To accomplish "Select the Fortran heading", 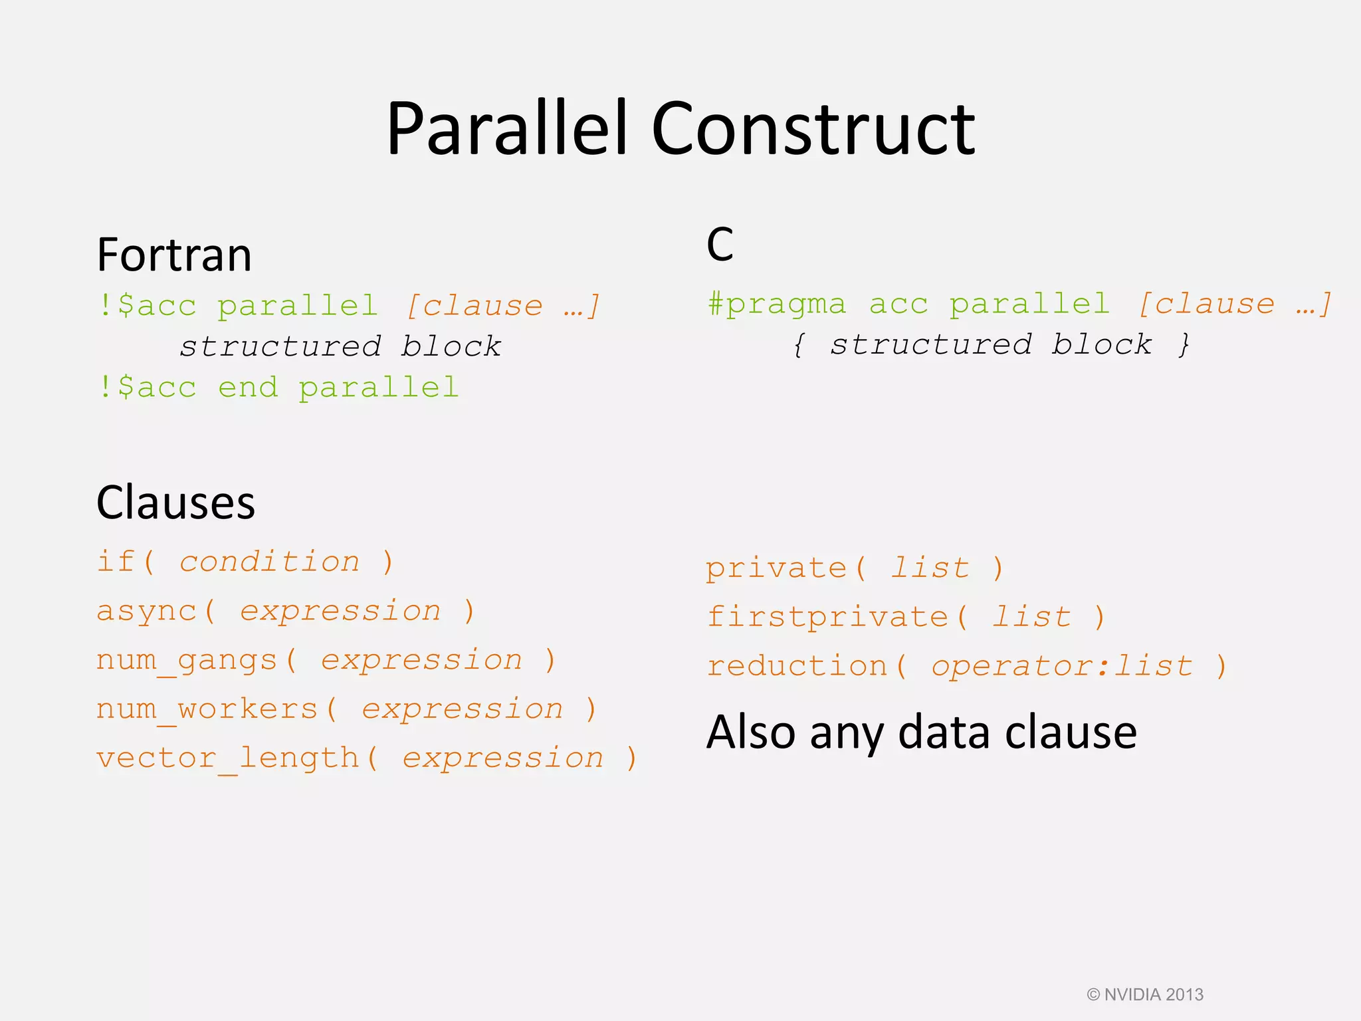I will [x=174, y=255].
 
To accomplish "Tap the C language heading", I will [x=720, y=245].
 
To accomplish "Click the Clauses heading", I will [x=175, y=503].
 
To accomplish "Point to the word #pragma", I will [x=777, y=304].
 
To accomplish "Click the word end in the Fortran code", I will [x=248, y=388].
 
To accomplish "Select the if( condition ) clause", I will [x=245, y=562].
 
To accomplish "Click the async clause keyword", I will [x=147, y=612].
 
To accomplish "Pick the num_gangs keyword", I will [x=187, y=661].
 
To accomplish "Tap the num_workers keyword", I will [x=207, y=709].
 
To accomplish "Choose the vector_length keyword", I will [x=228, y=758].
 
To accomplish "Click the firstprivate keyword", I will [x=827, y=617].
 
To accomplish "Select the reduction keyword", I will [x=797, y=666].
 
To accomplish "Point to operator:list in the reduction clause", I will [x=1061, y=666].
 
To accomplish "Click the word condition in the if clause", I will [x=270, y=562].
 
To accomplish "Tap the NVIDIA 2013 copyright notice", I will [x=1144, y=994].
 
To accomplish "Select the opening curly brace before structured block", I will [x=798, y=345].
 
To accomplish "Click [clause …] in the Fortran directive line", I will [x=503, y=306].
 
